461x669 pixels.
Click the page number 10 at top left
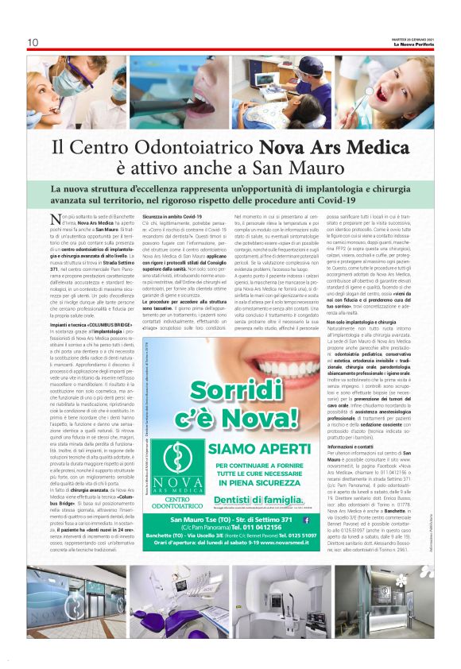pyautogui.click(x=33, y=42)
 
